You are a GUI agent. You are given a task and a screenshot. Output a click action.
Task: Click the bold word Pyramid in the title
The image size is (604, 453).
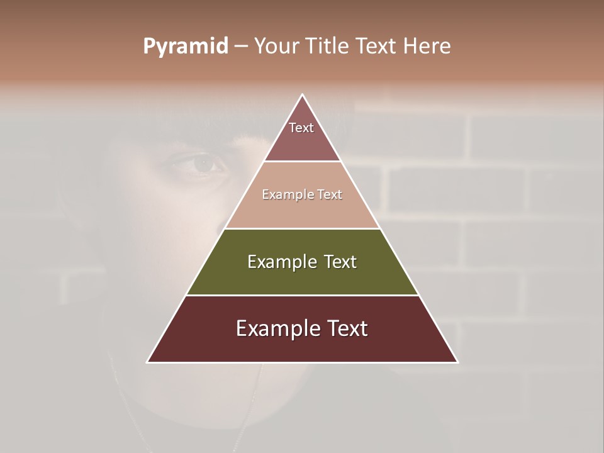pos(186,47)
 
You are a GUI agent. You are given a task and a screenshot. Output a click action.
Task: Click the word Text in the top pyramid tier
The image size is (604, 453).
pos(301,128)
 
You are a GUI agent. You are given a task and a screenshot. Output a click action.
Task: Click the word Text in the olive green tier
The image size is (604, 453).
pos(340,262)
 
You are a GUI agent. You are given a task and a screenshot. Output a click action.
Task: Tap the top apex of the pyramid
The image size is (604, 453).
pos(303,95)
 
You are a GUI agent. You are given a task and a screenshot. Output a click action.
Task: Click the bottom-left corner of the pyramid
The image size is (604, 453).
pos(148,362)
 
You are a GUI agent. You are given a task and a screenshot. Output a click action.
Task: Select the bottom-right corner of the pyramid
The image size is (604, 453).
pos(457,362)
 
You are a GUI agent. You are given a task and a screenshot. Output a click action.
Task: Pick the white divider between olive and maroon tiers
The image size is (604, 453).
pos(302,295)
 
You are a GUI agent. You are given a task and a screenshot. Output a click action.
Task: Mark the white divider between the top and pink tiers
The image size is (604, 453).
pos(302,162)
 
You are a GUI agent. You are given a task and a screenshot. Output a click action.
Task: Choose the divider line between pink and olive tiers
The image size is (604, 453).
pos(302,228)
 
